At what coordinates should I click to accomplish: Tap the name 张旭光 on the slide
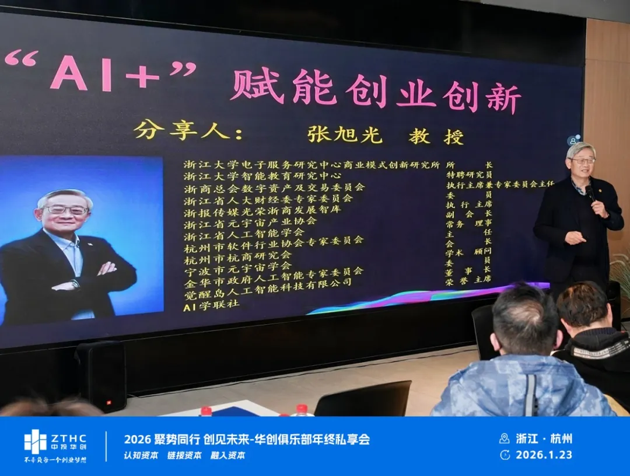[x=345, y=134]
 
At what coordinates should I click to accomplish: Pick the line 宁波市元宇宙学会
[x=237, y=266]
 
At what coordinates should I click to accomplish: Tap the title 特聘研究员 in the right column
[x=469, y=175]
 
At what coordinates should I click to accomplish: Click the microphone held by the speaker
[x=590, y=193]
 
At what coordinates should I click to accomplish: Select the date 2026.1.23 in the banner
[x=544, y=454]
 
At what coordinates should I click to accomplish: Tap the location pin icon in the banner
[x=505, y=438]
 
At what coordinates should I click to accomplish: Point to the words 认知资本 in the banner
[x=141, y=456]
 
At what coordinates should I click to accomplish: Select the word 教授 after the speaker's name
[x=436, y=137]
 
